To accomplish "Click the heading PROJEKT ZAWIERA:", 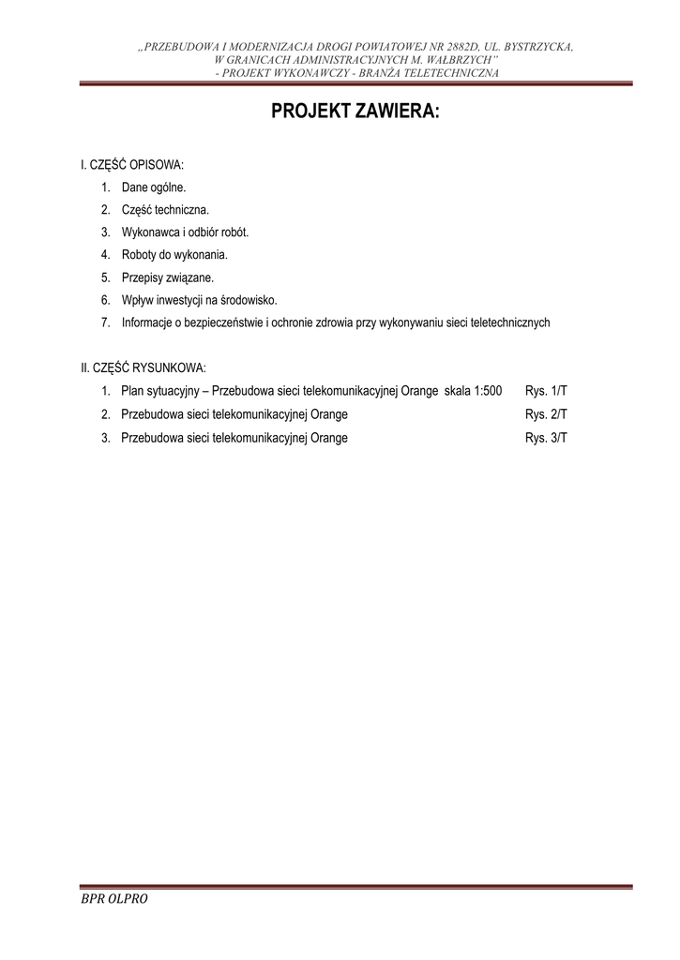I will [x=355, y=112].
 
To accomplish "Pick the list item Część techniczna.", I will [x=165, y=210].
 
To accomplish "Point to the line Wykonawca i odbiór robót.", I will [x=185, y=232].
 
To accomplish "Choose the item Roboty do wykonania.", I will [x=174, y=255].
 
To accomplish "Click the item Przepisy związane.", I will [x=168, y=277].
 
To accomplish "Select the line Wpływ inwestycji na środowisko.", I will [x=199, y=300].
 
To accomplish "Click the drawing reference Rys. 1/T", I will [x=547, y=391].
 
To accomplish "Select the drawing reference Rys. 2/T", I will [x=547, y=413].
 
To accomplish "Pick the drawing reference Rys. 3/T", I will [x=547, y=437].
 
